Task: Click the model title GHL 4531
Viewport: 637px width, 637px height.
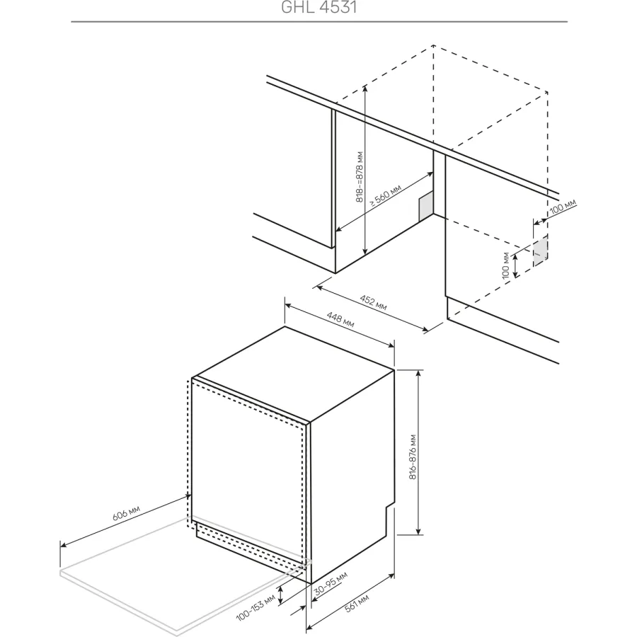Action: coord(319,7)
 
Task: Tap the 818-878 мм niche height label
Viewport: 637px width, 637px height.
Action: coord(359,177)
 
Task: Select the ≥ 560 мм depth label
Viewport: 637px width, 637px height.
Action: coord(385,195)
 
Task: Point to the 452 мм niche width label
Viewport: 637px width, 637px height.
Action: coord(373,302)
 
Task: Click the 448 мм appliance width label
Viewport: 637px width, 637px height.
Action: coord(340,319)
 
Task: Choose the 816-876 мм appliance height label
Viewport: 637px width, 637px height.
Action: coord(413,457)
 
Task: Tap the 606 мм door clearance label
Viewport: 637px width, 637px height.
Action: coord(126,513)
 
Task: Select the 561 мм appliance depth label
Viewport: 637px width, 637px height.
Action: coord(357,603)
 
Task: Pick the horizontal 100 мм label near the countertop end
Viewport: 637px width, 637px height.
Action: coord(563,207)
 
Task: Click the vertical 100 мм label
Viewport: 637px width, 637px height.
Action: coord(505,265)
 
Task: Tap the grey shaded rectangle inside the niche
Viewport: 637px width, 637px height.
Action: coord(426,207)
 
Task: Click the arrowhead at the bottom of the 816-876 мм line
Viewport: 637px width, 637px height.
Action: coord(419,532)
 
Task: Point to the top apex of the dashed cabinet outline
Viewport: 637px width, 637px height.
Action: coord(433,45)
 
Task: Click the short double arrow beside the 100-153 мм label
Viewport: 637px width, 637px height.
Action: coord(280,597)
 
